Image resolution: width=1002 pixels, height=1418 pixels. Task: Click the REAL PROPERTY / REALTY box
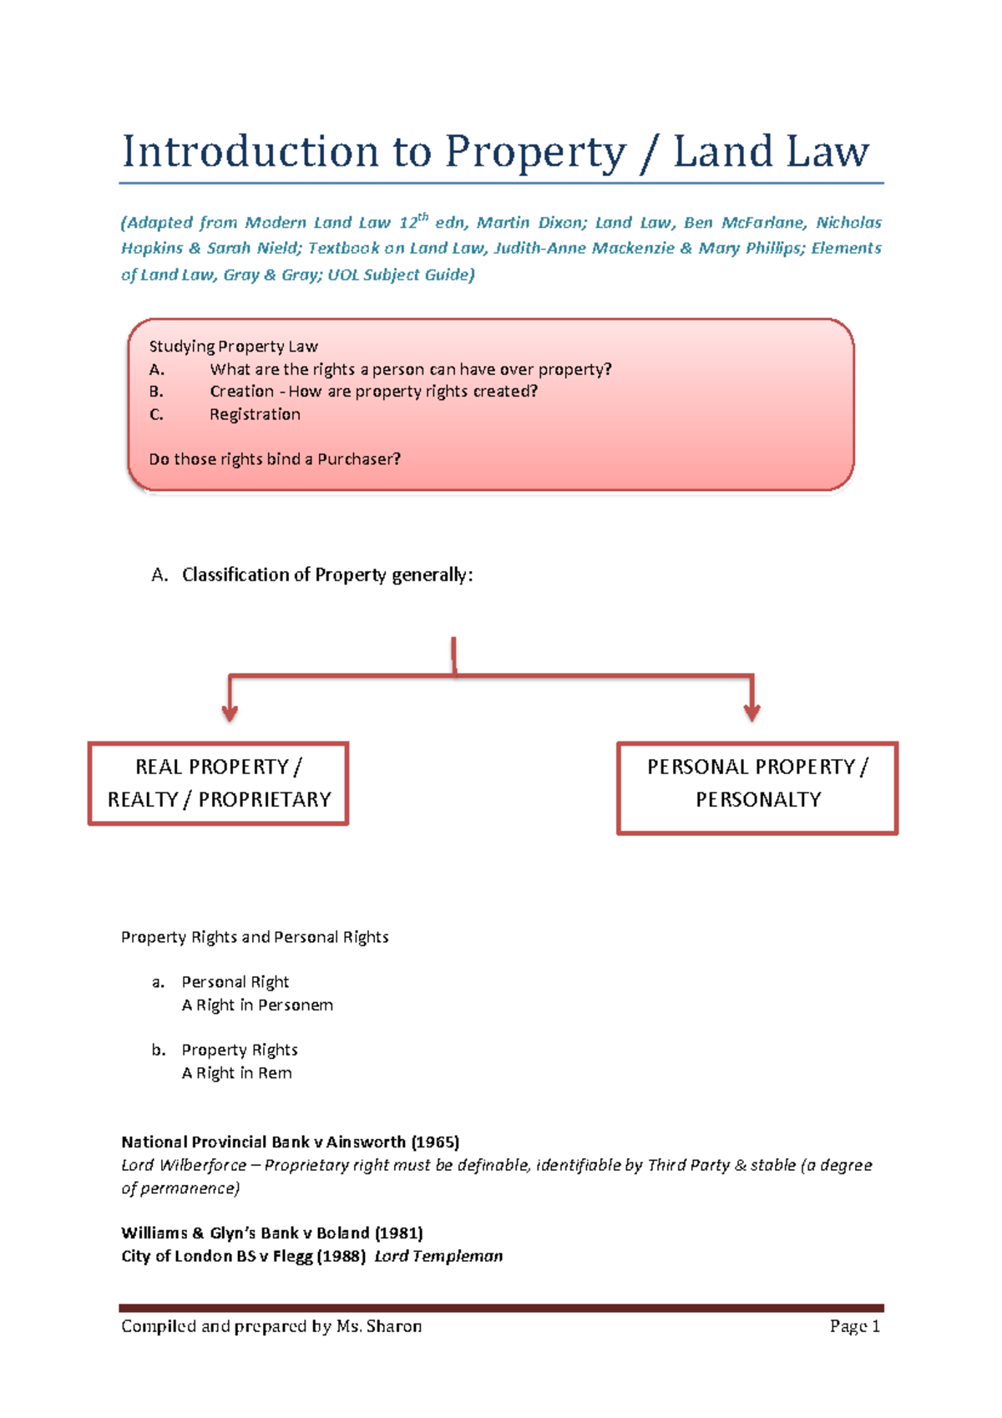coord(218,783)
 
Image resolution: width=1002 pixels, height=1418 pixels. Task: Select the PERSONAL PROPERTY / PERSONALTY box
coord(757,787)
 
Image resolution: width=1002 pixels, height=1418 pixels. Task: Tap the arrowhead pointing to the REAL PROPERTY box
coord(230,712)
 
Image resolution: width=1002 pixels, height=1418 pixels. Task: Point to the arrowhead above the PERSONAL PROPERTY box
coord(751,712)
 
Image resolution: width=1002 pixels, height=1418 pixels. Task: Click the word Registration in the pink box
coord(255,414)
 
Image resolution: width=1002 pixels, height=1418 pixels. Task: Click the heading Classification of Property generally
coord(327,575)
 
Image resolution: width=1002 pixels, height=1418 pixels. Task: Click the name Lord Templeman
coord(438,1256)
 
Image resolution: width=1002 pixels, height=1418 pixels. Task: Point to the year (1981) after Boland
coord(398,1233)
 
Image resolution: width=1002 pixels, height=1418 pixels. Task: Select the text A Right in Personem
coord(257,1005)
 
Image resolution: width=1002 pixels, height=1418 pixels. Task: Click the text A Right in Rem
coord(236,1073)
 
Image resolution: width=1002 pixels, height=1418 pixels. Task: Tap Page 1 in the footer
coord(854,1326)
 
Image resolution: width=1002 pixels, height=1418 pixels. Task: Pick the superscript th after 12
coord(423,217)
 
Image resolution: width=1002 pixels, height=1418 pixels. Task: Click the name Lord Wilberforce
coord(184,1165)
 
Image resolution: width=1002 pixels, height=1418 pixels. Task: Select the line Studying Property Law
coord(233,347)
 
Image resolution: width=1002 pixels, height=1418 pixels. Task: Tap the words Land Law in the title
coord(771,153)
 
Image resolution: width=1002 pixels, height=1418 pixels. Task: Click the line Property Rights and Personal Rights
coord(255,937)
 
